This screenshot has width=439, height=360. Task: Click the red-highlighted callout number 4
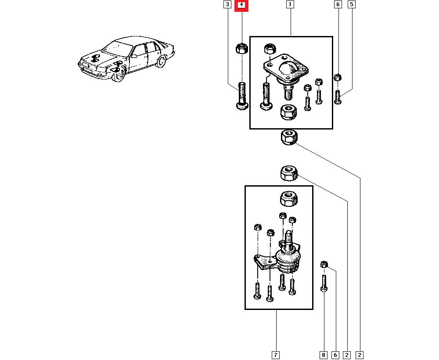coord(241,5)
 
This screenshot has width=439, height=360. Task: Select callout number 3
coord(227,5)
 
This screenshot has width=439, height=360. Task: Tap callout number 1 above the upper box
coord(290,5)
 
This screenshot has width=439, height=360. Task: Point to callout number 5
coord(352,5)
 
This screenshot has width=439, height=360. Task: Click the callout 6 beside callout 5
coord(338,5)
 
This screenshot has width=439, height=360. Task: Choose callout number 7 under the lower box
coord(275,354)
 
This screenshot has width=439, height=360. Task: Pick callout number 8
coord(324,354)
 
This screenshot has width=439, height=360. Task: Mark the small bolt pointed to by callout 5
coord(337,97)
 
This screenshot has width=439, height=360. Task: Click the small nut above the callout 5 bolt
coord(338,78)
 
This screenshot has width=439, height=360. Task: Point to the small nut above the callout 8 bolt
coord(324,264)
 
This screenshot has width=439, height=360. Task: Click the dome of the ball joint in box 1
coord(288,68)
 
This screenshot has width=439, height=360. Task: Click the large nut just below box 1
coord(289,137)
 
